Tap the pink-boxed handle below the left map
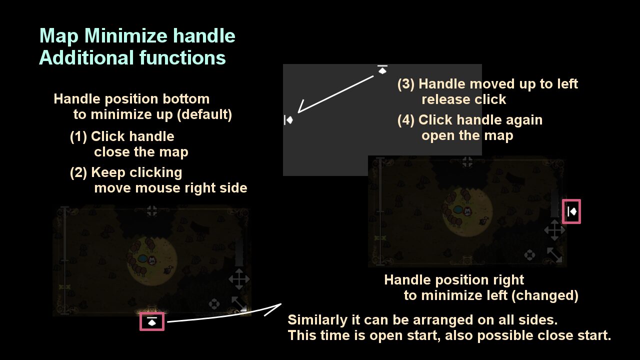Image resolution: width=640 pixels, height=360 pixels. pyautogui.click(x=152, y=321)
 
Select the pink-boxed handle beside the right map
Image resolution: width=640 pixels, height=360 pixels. pyautogui.click(x=571, y=211)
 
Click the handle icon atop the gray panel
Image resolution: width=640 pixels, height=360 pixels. pyautogui.click(x=382, y=69)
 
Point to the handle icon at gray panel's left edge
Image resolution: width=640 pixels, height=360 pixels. pyautogui.click(x=288, y=119)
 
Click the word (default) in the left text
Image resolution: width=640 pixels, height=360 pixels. pyautogui.click(x=204, y=114)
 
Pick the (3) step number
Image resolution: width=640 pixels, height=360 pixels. pyautogui.click(x=405, y=84)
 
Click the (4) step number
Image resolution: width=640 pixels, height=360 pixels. pyautogui.click(x=405, y=120)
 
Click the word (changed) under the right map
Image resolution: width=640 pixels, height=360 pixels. pyautogui.click(x=545, y=295)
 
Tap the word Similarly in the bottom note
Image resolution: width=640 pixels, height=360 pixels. pyautogui.click(x=317, y=320)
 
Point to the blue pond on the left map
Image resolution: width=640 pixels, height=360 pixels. pyautogui.click(x=142, y=259)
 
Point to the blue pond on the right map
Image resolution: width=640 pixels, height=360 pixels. pyautogui.click(x=458, y=210)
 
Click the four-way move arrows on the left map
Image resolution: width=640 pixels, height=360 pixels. pyautogui.click(x=239, y=279)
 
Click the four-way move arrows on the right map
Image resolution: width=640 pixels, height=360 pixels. pyautogui.click(x=554, y=230)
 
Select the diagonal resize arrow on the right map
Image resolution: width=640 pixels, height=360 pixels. pyautogui.click(x=554, y=255)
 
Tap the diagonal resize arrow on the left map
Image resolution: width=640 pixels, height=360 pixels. pyautogui.click(x=239, y=303)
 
